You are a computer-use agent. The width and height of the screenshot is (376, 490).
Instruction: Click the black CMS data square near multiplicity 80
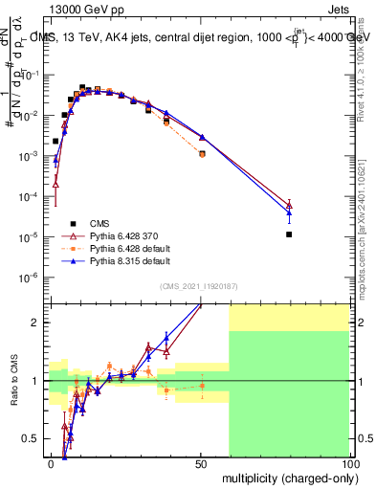click(289, 234)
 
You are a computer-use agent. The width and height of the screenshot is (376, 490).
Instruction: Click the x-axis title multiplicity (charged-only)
click(288, 478)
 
